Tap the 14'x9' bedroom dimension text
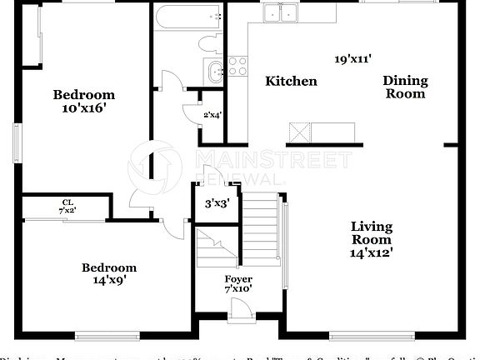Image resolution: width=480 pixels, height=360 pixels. point(108,282)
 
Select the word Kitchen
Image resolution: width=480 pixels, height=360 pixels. point(291,81)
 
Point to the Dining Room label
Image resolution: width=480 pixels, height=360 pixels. point(405,87)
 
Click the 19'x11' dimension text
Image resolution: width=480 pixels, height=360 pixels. point(352,58)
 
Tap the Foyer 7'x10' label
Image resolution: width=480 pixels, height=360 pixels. point(238,283)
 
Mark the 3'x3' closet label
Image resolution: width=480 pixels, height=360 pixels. point(217,202)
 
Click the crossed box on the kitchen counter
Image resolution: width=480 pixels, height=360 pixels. point(300,132)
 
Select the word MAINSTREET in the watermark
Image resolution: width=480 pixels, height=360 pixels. point(272,159)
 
